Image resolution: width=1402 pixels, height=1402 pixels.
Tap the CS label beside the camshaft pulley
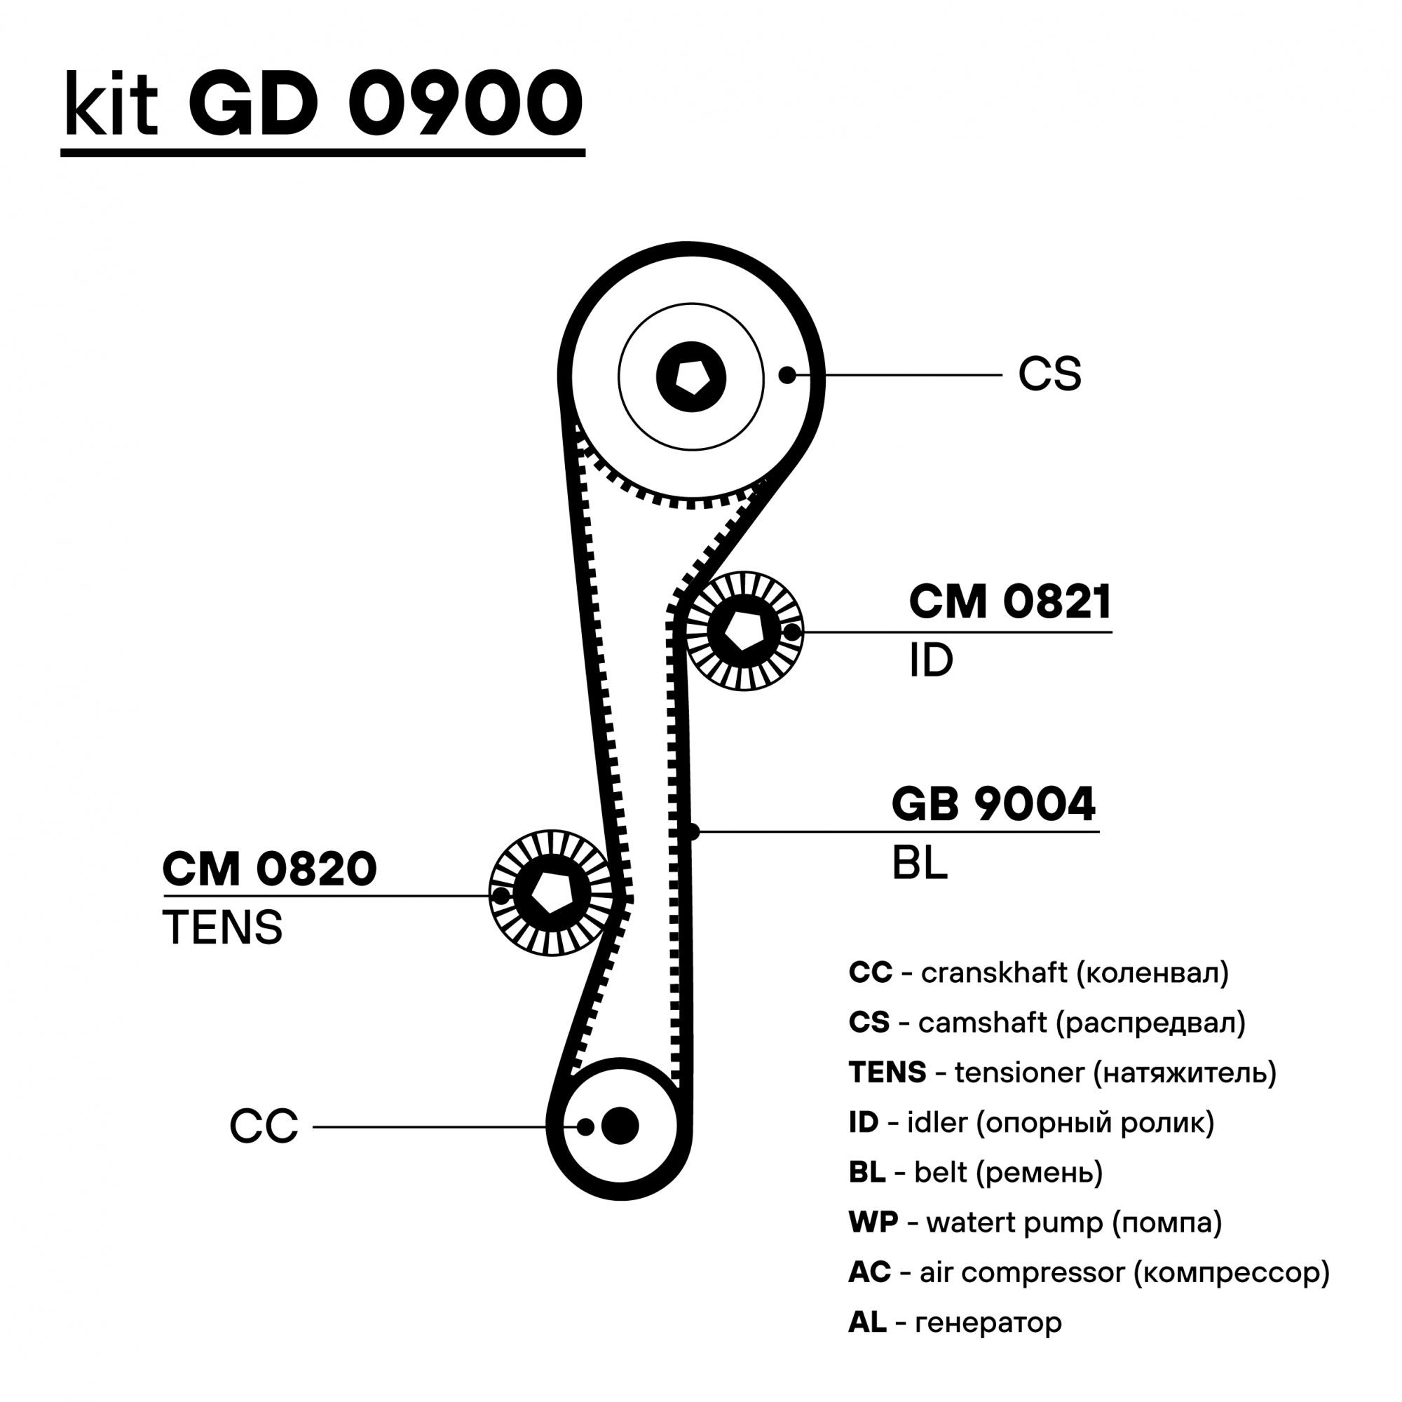click(x=1049, y=374)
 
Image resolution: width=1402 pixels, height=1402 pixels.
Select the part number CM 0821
click(x=1009, y=601)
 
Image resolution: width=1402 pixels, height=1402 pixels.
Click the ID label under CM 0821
click(x=930, y=661)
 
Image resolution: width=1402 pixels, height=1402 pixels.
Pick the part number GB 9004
click(x=993, y=804)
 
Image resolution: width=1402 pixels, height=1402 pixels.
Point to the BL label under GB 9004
click(x=920, y=863)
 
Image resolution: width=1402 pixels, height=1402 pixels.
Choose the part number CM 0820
click(x=269, y=869)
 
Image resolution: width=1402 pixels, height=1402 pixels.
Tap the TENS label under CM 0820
click(x=222, y=927)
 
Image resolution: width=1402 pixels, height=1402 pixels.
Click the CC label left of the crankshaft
click(x=264, y=1127)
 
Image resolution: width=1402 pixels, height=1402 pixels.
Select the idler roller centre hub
click(x=742, y=631)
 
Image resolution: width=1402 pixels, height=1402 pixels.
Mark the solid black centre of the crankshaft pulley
click(x=620, y=1126)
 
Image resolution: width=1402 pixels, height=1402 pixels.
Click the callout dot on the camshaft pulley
click(x=787, y=374)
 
